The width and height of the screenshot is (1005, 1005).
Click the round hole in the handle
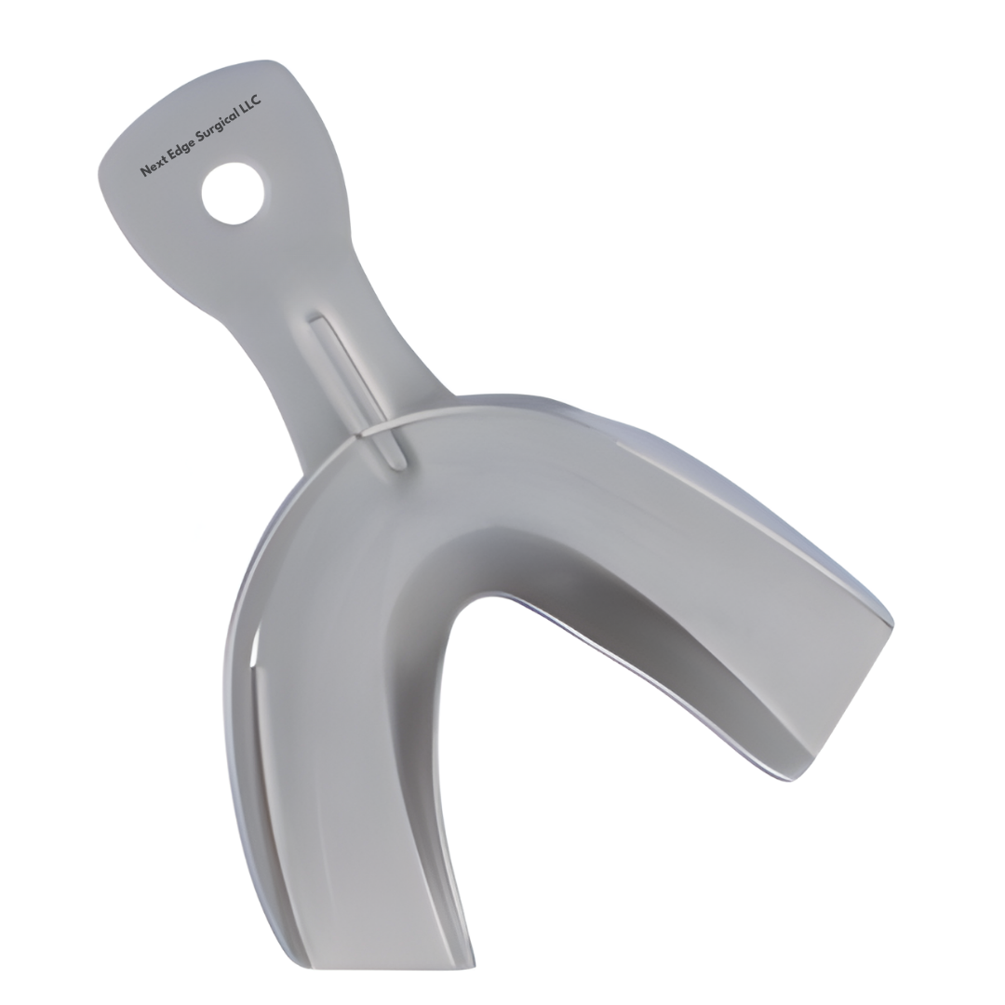(x=232, y=193)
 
